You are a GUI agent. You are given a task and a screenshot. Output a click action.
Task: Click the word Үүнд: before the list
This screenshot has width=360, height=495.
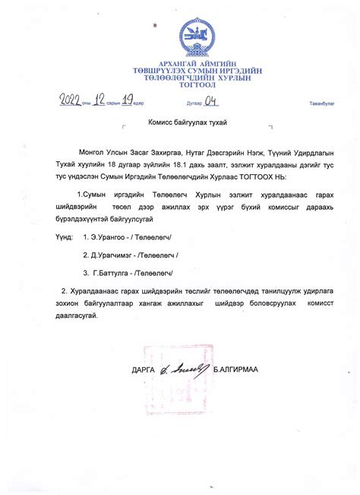click(64, 236)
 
